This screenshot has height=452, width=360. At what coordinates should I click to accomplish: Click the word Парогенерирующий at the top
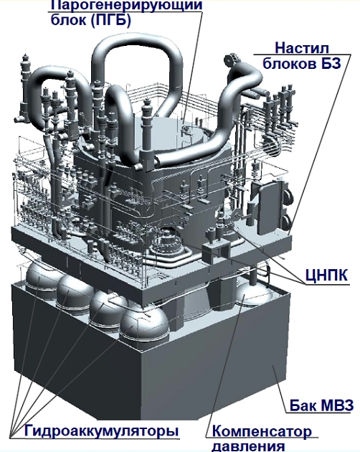coord(126,6)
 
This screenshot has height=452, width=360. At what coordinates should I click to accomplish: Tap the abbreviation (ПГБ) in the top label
coord(111,20)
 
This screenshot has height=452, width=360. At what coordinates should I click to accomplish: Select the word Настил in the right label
coord(302,48)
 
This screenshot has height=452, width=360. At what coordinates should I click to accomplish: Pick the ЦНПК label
coord(326,276)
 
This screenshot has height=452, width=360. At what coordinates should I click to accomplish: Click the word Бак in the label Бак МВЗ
coord(302,405)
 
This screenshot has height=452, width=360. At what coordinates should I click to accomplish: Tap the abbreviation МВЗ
coord(336,405)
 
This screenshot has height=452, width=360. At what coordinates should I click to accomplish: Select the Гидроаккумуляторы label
coord(101,431)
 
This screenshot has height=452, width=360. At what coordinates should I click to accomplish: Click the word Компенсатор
coord(262,432)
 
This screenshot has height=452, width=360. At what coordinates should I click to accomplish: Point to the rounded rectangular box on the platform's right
coord(267,207)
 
